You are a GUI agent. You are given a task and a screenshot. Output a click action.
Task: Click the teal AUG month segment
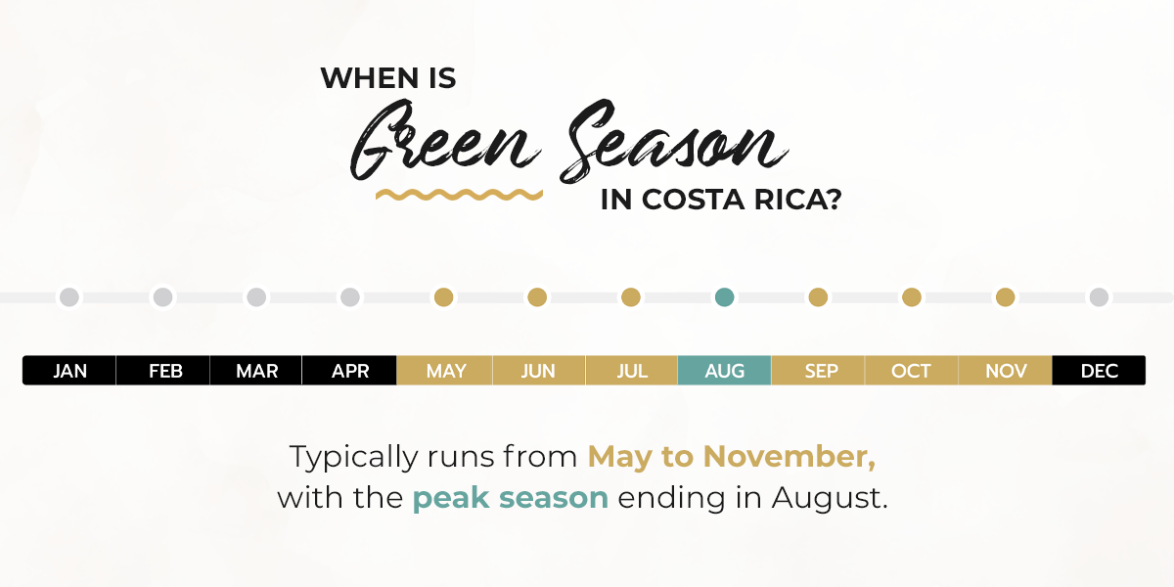click(x=724, y=371)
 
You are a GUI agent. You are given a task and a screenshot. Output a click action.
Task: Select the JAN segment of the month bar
click(x=69, y=371)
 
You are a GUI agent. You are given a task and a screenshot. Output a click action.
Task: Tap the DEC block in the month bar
click(x=1099, y=371)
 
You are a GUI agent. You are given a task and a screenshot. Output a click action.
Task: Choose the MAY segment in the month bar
click(x=444, y=371)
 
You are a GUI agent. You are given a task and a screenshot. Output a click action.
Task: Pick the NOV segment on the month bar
click(x=1006, y=371)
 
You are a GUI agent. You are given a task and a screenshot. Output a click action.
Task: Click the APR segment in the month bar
click(x=349, y=371)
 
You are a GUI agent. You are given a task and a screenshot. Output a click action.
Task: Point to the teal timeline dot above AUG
click(x=724, y=297)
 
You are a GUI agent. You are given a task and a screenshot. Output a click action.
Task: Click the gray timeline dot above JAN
click(x=69, y=297)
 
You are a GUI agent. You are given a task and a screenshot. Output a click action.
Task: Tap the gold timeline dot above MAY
click(x=444, y=297)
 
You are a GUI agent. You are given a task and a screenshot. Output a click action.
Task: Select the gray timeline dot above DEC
click(x=1099, y=297)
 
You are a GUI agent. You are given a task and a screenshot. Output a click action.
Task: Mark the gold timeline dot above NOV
click(x=1006, y=297)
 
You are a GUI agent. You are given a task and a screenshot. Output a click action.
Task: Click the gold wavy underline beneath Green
click(x=459, y=195)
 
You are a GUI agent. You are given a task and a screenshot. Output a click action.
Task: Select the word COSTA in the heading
click(x=693, y=200)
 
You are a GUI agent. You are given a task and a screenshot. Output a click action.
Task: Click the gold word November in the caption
click(x=790, y=457)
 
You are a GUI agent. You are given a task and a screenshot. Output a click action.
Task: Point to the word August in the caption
click(x=831, y=498)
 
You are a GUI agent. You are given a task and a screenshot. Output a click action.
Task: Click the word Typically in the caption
click(x=354, y=458)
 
